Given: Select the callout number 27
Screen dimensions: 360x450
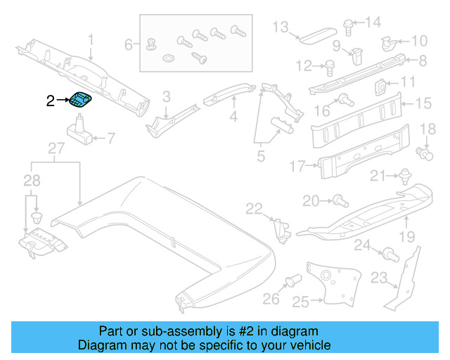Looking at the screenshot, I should (x=56, y=148).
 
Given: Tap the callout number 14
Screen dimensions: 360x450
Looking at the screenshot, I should (x=372, y=22).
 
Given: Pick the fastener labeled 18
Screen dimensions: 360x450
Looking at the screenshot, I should (x=424, y=151).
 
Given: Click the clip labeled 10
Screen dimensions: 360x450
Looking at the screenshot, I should (x=389, y=43).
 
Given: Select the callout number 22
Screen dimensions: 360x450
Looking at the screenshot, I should (x=254, y=207).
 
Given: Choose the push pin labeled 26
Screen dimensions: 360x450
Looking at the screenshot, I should (x=290, y=283).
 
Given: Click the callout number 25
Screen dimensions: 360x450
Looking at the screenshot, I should (x=281, y=301).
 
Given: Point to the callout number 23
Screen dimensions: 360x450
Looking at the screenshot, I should (x=379, y=279).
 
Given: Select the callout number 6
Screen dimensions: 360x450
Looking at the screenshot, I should (x=129, y=45).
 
